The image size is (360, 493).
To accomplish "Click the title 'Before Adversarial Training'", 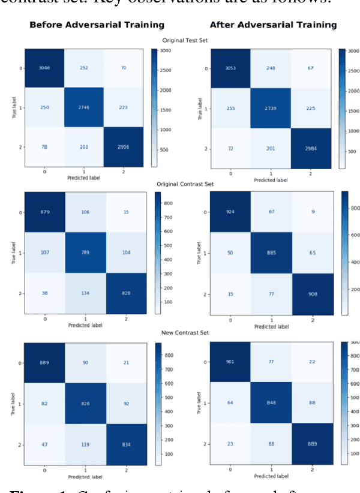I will [96, 25].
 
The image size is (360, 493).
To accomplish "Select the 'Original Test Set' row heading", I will [185, 40].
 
